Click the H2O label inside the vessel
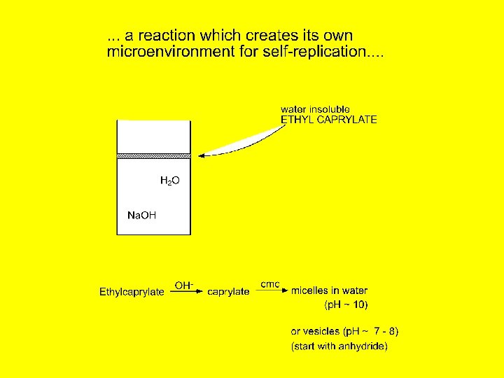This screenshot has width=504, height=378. [170, 181]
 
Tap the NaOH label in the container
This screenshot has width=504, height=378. [141, 215]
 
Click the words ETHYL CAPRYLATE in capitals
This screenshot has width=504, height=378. [328, 120]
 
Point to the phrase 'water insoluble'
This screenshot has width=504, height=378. [315, 109]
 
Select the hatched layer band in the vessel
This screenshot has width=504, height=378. [153, 155]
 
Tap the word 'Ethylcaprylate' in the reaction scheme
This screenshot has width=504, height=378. [132, 291]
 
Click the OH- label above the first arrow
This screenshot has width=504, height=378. [184, 285]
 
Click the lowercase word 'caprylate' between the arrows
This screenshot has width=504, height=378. [228, 291]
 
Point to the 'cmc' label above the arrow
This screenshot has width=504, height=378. [270, 284]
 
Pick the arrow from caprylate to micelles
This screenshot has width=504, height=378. [270, 292]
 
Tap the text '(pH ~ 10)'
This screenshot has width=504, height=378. [346, 304]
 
